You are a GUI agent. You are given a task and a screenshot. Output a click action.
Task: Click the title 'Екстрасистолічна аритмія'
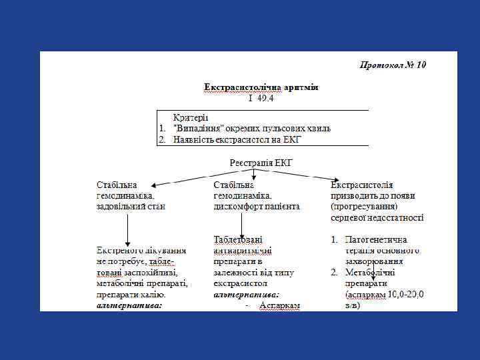click(261, 87)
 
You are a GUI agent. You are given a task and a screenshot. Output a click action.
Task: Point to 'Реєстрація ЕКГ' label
click(261, 163)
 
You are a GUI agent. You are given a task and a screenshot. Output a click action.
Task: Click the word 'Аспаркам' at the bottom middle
click(281, 305)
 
